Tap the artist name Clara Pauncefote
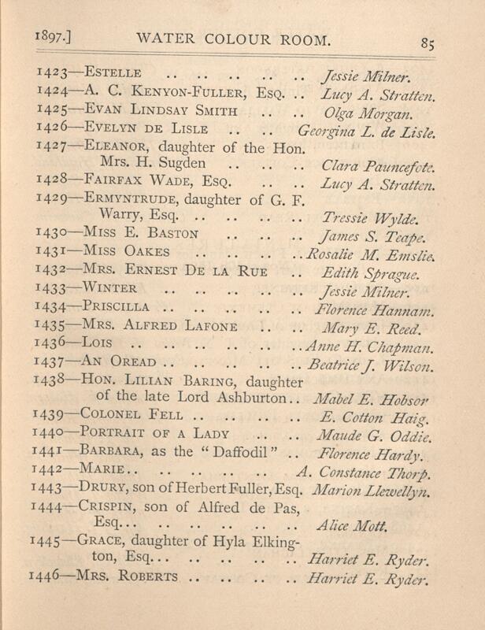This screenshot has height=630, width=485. click(x=378, y=167)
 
